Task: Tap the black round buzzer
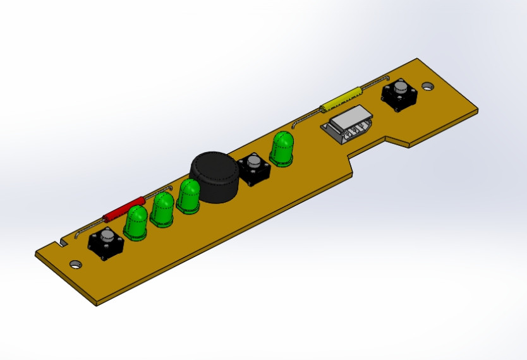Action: point(215,178)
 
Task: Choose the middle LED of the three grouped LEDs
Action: point(163,210)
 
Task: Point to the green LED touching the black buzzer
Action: point(188,196)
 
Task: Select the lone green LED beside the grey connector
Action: point(282,149)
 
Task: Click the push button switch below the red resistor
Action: point(106,244)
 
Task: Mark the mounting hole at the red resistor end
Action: point(75,263)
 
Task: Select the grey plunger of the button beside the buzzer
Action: point(254,164)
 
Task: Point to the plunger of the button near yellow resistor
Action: point(401,88)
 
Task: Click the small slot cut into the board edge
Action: point(62,243)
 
